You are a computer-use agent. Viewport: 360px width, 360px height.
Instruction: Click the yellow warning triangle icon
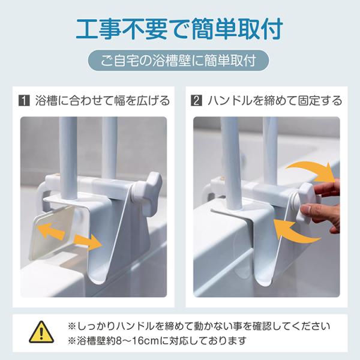click(41, 332)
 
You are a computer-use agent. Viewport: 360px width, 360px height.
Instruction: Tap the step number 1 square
click(24, 101)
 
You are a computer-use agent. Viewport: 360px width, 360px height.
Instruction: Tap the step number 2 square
click(197, 101)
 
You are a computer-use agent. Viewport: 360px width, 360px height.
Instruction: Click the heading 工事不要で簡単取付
click(179, 29)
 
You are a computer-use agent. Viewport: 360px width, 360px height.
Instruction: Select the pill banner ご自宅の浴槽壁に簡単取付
click(178, 61)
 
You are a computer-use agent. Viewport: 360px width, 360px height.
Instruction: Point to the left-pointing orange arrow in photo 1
click(51, 231)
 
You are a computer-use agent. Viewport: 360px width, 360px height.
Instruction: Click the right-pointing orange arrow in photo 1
click(88, 242)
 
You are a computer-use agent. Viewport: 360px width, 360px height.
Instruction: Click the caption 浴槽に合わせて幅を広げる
click(103, 101)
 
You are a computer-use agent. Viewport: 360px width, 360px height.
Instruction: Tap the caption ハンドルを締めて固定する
click(275, 101)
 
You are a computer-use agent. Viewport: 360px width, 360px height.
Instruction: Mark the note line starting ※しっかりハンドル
click(199, 326)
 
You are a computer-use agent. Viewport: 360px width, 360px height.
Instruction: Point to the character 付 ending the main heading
click(272, 29)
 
